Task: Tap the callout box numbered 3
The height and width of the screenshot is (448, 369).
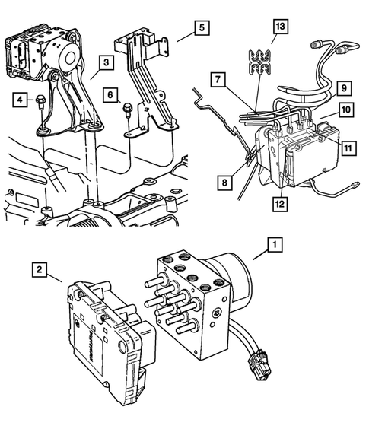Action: point(107,62)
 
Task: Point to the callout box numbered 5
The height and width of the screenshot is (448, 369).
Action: point(201,29)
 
